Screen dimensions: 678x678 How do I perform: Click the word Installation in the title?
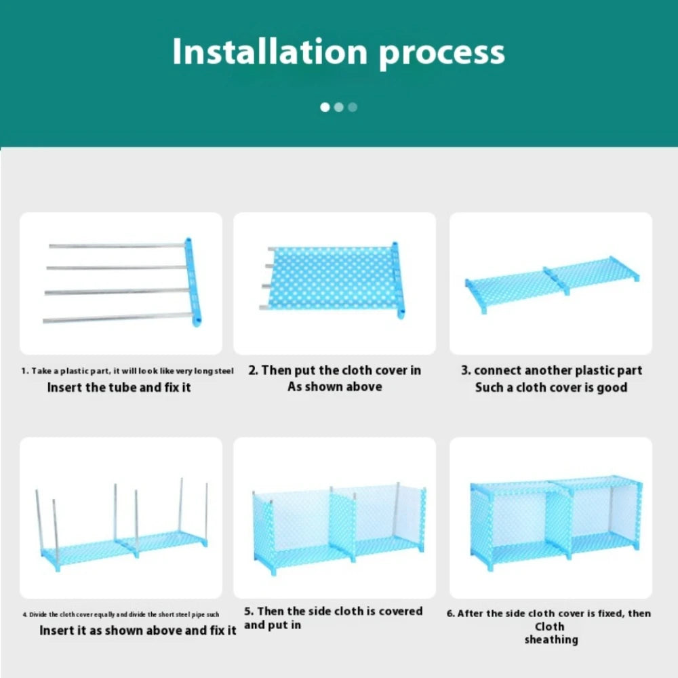pyautogui.click(x=270, y=52)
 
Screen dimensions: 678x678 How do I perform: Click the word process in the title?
pyautogui.click(x=441, y=53)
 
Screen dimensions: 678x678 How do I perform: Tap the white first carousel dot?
pyautogui.click(x=325, y=107)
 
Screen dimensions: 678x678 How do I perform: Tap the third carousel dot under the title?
pyautogui.click(x=353, y=107)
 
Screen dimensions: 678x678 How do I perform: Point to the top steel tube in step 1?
pyautogui.click(x=115, y=245)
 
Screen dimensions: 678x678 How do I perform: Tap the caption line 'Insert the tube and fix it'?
pyautogui.click(x=119, y=388)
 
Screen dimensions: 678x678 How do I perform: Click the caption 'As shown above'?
pyautogui.click(x=334, y=386)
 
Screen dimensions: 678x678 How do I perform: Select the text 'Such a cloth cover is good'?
pyautogui.click(x=551, y=388)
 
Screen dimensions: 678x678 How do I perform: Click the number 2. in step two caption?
pyautogui.click(x=253, y=370)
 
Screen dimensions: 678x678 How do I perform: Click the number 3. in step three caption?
pyautogui.click(x=466, y=370)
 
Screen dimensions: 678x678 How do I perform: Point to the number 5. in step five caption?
pyautogui.click(x=249, y=612)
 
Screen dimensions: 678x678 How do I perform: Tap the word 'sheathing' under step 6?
pyautogui.click(x=551, y=639)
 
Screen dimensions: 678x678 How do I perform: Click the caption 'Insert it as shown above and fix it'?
pyautogui.click(x=138, y=631)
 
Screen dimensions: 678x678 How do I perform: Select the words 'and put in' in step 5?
pyautogui.click(x=273, y=625)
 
